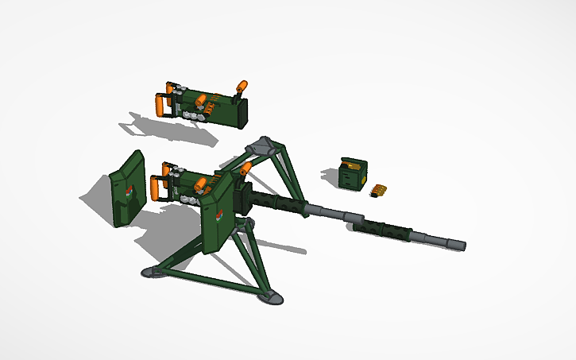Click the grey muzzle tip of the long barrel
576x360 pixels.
click(459, 246)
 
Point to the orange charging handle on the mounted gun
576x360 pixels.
click(247, 168)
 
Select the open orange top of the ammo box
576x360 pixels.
click(350, 164)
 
